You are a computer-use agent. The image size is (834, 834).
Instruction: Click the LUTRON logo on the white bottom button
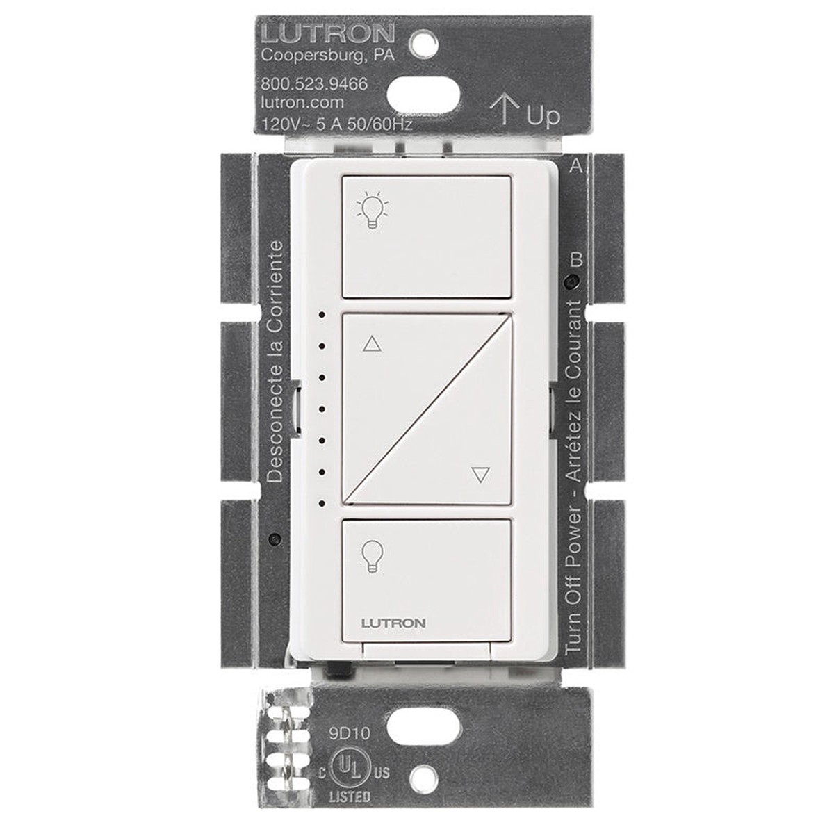(393, 623)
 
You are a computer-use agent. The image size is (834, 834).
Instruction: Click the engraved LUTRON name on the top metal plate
(328, 33)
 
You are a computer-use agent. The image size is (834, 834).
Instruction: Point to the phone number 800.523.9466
(314, 83)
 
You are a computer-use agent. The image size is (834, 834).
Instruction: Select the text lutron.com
(302, 103)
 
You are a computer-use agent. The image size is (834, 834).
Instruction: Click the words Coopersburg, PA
(328, 56)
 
